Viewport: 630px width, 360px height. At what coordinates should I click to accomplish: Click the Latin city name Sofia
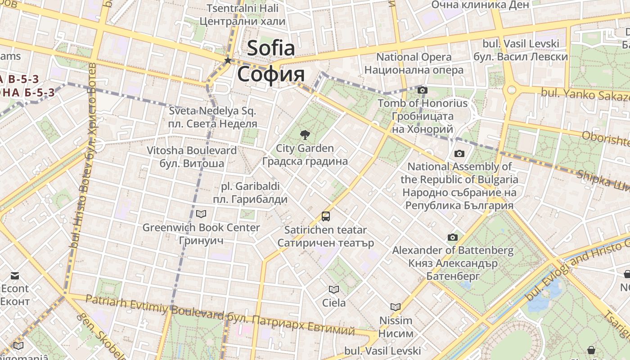[270, 48]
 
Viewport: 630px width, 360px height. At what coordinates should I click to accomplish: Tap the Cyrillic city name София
[270, 74]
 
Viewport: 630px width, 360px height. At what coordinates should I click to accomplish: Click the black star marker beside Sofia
[228, 60]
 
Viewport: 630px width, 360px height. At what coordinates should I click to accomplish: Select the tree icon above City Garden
[305, 134]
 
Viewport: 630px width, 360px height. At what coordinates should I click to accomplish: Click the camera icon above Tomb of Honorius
[422, 90]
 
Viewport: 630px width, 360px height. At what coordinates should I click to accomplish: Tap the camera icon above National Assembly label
[459, 153]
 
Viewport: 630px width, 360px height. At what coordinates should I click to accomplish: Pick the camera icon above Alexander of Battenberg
[453, 237]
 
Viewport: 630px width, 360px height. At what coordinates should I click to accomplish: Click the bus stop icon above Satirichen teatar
[325, 216]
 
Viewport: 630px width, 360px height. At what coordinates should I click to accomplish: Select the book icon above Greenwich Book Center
[201, 214]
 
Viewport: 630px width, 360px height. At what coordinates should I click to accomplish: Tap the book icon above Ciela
[333, 289]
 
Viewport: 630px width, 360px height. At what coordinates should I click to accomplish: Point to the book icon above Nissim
[396, 307]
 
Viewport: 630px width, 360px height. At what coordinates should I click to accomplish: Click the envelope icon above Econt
[15, 275]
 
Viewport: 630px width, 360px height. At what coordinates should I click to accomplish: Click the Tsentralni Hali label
[242, 8]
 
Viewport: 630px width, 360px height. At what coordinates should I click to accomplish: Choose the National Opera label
[414, 57]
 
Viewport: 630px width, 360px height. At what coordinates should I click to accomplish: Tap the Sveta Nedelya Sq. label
[212, 111]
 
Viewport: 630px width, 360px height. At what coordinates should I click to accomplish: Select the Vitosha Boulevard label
[191, 150]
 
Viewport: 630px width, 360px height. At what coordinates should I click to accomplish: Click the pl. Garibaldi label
[250, 186]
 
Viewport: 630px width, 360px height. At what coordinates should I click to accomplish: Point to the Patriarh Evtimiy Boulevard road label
[154, 306]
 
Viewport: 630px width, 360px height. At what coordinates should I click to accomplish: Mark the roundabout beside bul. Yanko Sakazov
[512, 90]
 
